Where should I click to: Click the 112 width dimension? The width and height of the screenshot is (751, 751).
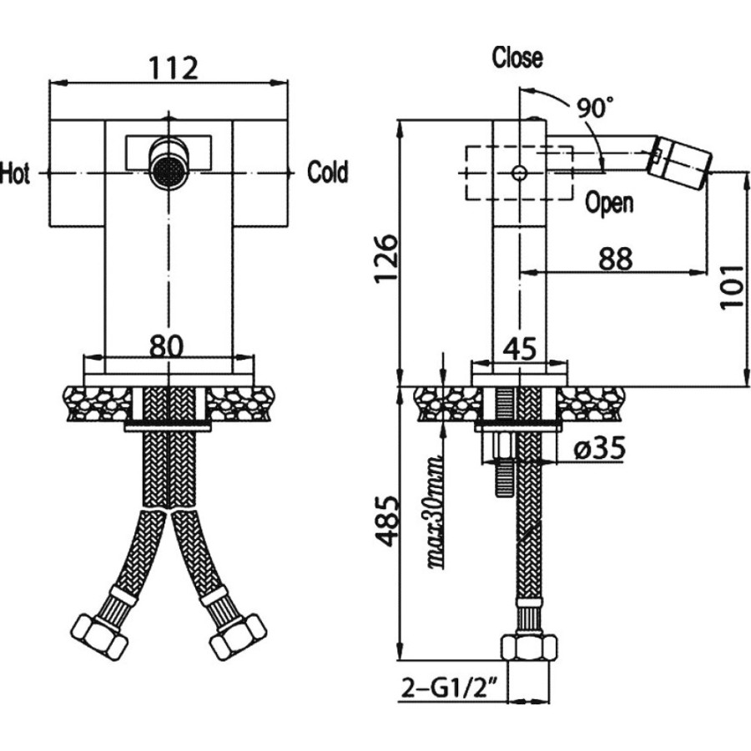click(x=173, y=68)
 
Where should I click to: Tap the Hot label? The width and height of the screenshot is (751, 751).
click(x=15, y=173)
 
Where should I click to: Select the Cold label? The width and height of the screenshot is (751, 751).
click(x=328, y=173)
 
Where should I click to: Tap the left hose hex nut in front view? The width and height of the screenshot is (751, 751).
click(x=99, y=637)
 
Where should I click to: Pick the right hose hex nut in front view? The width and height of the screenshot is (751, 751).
click(x=238, y=636)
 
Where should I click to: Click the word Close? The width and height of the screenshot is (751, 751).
click(x=517, y=57)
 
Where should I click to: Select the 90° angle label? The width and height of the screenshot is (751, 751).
click(x=594, y=108)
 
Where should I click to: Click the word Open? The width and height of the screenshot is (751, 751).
click(x=609, y=203)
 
